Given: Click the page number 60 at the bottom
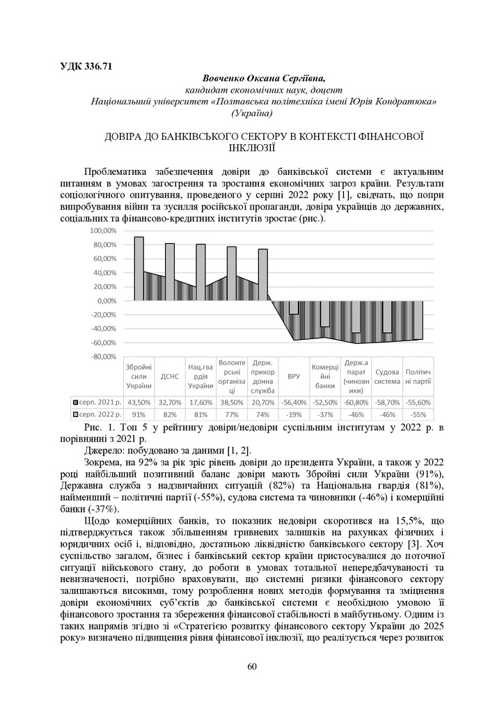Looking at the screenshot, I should [x=252, y=667].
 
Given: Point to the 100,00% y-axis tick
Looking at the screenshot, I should [x=102, y=230].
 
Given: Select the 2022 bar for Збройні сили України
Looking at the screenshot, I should [x=139, y=268].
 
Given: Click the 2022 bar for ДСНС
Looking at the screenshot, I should [x=169, y=272].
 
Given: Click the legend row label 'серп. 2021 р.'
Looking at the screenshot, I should [x=100, y=402].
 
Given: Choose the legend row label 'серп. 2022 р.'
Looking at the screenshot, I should [x=100, y=414].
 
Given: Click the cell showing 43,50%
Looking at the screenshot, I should [x=139, y=402].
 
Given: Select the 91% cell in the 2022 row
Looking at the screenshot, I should [x=139, y=414].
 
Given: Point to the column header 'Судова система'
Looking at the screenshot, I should [x=386, y=376].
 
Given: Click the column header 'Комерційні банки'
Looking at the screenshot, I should [x=324, y=376].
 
